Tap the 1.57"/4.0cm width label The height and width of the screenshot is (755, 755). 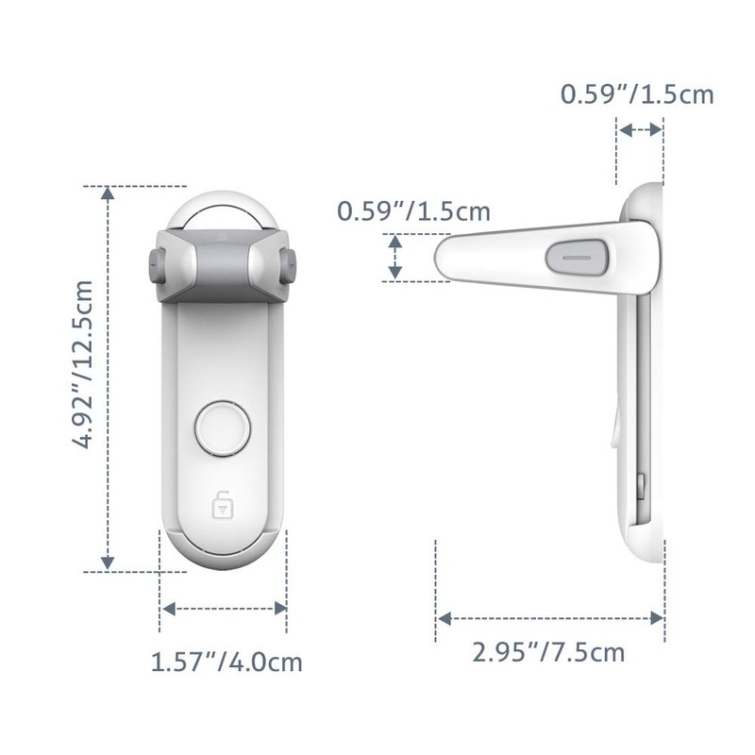(x=226, y=662)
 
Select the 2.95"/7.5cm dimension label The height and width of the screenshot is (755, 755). (x=550, y=651)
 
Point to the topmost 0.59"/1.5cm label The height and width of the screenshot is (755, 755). (x=636, y=94)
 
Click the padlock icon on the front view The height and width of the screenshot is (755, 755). (x=223, y=505)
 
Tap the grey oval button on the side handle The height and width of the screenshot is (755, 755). (x=572, y=255)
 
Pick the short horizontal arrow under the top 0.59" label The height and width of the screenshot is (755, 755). (x=639, y=131)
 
